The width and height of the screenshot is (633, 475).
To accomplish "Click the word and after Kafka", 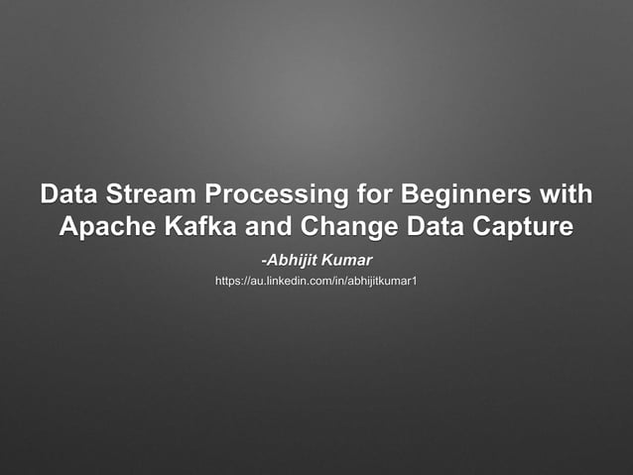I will click(272, 226).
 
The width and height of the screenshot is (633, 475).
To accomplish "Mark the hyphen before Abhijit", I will click(263, 261).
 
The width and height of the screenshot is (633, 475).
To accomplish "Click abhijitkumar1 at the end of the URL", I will click(381, 284).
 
